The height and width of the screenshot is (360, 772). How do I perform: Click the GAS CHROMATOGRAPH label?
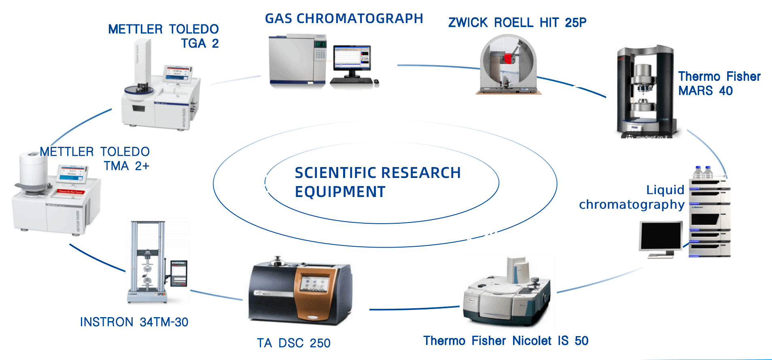[x=344, y=19]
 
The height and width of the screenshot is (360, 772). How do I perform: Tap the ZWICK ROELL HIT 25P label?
[x=517, y=23]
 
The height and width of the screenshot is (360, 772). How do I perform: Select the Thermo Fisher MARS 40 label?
[x=719, y=83]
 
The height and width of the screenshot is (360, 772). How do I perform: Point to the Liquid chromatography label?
[x=632, y=197]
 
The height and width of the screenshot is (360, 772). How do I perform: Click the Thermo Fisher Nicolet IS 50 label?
[x=506, y=341]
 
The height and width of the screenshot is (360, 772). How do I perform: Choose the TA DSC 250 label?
[x=294, y=343]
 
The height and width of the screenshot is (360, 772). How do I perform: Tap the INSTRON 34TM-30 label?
[x=134, y=322]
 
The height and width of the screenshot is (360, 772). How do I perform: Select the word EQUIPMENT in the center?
[x=340, y=192]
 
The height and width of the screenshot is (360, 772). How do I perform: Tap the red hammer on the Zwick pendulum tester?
[x=508, y=59]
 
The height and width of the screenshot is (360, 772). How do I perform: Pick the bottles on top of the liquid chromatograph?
[x=703, y=172]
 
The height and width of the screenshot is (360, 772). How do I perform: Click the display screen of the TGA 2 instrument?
[x=177, y=73]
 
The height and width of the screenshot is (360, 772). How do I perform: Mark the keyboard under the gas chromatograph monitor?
[x=351, y=81]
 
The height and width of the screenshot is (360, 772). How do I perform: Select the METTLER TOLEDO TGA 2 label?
[x=163, y=36]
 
